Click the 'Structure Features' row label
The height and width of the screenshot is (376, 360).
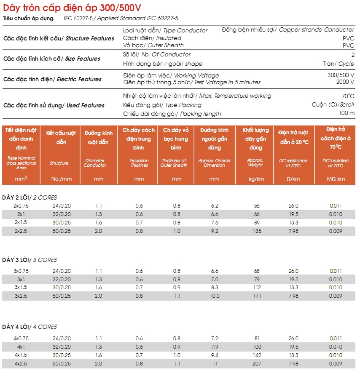tap(59, 38)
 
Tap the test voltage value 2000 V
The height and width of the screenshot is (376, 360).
tap(346, 82)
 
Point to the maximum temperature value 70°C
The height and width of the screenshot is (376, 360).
tap(348, 96)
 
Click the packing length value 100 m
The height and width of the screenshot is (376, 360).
tap(347, 113)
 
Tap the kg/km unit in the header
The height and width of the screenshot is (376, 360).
tap(255, 179)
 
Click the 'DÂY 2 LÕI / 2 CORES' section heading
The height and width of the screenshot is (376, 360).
tap(30, 197)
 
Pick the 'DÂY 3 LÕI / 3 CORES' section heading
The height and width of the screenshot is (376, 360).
tap(30, 260)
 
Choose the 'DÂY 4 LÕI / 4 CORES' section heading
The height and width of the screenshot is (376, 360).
tap(30, 327)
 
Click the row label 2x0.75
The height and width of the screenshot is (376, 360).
tap(21, 206)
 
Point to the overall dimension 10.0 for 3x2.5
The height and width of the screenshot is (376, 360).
tap(215, 296)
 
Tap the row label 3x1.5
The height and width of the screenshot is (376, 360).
tap(21, 288)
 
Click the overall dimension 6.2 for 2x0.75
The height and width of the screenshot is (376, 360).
tap(215, 206)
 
